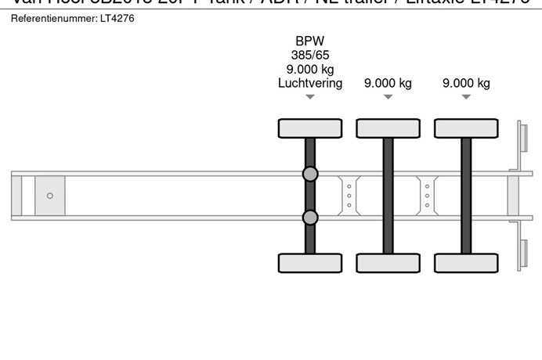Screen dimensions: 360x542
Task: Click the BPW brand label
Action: (x=310, y=41)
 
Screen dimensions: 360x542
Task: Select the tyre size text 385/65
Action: (x=310, y=56)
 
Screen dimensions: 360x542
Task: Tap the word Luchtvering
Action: (x=310, y=83)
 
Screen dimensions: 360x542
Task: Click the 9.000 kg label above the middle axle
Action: (x=388, y=83)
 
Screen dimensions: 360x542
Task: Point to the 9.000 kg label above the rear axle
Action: (x=466, y=83)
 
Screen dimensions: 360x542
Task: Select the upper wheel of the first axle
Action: (x=310, y=128)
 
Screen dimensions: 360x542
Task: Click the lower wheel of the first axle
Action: (x=310, y=263)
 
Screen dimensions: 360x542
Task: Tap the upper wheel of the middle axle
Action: (x=388, y=128)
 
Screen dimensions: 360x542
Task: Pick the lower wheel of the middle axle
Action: (x=388, y=263)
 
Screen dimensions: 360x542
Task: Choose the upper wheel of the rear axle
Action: (x=466, y=128)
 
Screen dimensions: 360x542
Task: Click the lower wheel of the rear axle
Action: (x=466, y=263)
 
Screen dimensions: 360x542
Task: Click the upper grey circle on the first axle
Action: (x=310, y=174)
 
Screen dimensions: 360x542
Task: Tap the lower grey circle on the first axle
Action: (x=310, y=218)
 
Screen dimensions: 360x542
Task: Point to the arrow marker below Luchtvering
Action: (x=310, y=97)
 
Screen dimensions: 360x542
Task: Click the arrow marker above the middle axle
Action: (x=388, y=97)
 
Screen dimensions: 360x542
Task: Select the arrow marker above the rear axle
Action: (x=466, y=97)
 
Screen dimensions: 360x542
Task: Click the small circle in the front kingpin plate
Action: (x=50, y=196)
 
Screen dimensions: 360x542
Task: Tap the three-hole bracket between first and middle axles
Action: (x=349, y=195)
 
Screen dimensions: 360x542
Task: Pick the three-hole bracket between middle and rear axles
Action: (x=427, y=195)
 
